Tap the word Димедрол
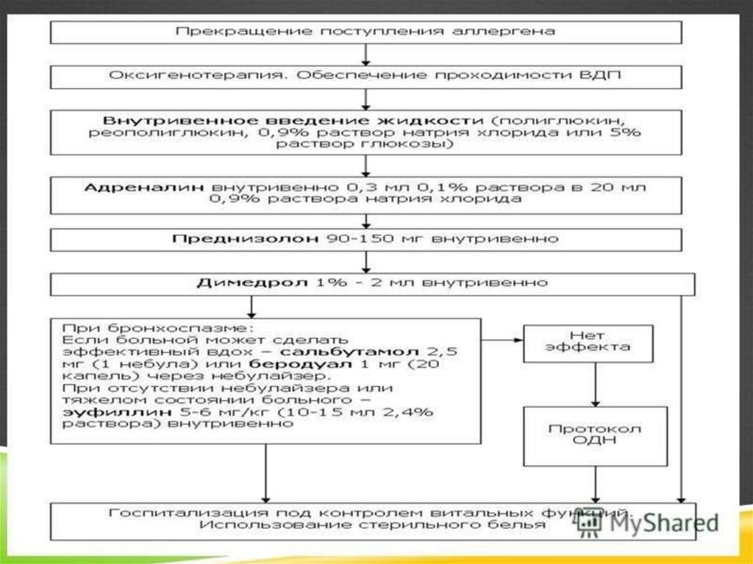(234, 282)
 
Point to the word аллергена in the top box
(516, 32)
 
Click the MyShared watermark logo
(647, 522)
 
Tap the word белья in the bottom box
(524, 525)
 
